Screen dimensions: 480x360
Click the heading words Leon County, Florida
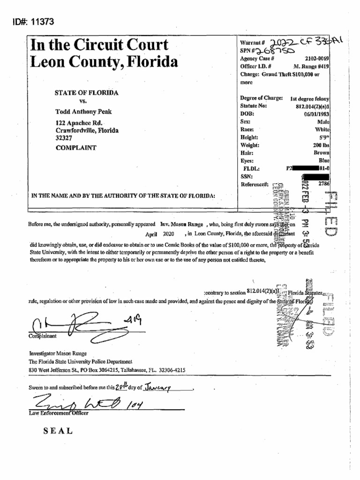104,62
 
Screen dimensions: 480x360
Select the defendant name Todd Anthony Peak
84,112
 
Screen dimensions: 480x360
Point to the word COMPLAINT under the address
76,147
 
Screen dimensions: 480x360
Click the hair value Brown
321,153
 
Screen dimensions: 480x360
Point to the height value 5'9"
324,137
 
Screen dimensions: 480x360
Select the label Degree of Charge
261,98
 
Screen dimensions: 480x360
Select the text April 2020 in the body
159,233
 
